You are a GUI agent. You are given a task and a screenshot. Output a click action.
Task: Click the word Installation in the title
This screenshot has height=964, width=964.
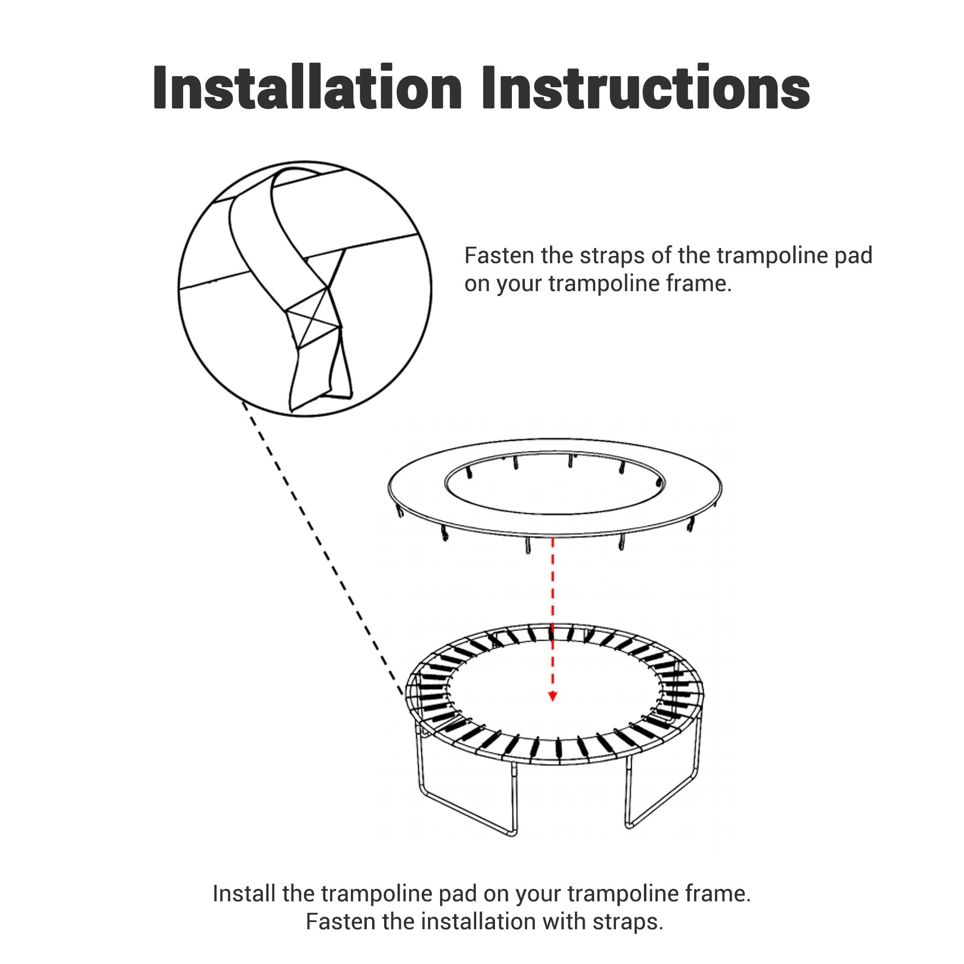308,87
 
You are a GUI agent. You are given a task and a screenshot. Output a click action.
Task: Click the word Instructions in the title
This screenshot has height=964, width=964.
646,87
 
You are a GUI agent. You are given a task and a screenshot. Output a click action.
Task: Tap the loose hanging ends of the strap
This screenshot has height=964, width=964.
320,384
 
